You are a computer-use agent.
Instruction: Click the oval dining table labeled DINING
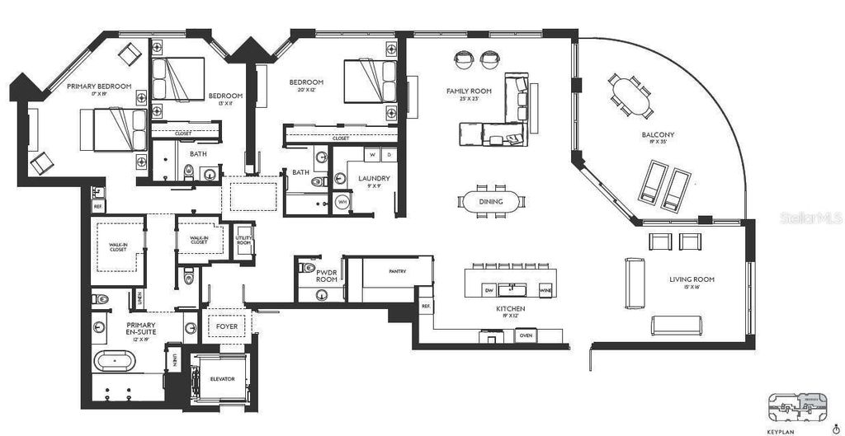point(491,202)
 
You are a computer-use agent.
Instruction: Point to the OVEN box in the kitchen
point(526,335)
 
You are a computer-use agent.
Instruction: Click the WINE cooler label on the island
point(545,290)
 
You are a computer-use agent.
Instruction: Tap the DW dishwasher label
point(489,290)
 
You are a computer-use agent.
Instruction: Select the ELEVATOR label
point(222,378)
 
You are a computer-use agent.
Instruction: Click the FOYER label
point(226,326)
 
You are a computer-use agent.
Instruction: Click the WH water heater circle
point(342,202)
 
